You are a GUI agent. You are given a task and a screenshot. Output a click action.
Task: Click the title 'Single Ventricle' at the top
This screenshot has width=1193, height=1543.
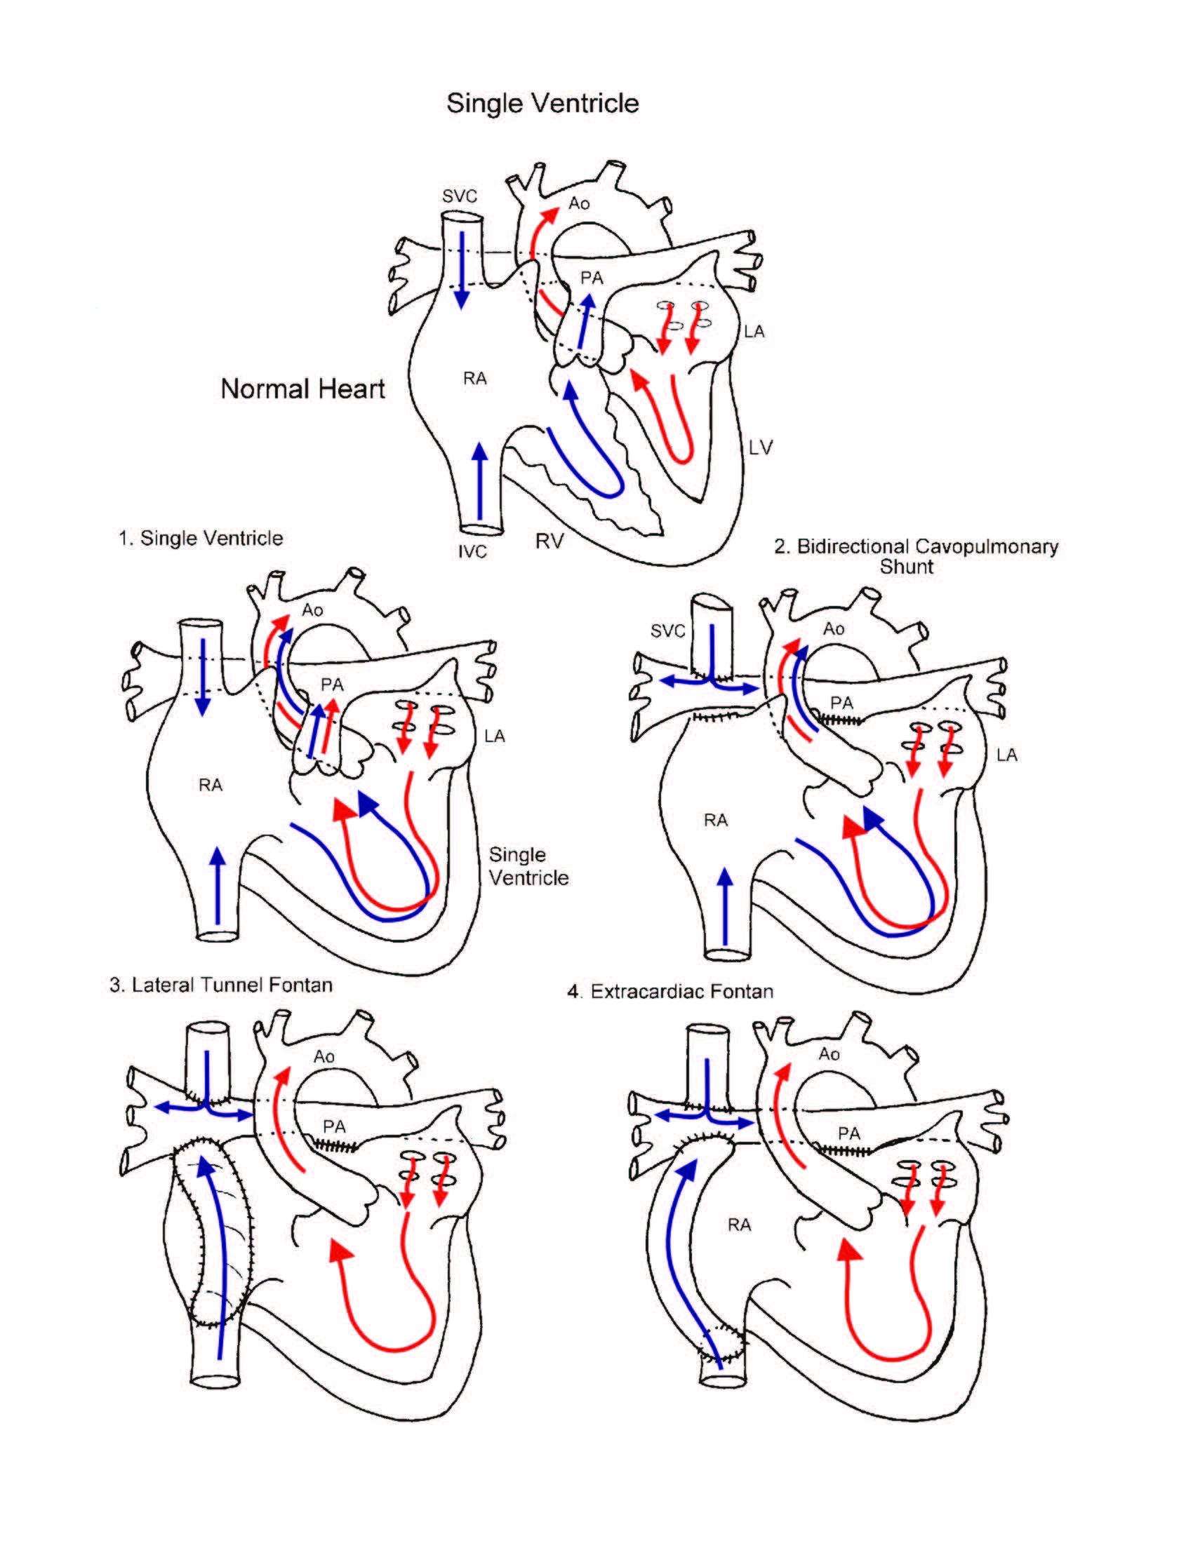pyautogui.click(x=542, y=103)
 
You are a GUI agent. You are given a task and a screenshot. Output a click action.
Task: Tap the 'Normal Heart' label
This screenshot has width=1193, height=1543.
pyautogui.click(x=302, y=389)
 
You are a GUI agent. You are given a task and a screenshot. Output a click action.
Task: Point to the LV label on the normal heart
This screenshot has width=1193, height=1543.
pyautogui.click(x=761, y=447)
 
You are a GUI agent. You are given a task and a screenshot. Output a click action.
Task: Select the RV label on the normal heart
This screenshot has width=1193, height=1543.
pyautogui.click(x=549, y=541)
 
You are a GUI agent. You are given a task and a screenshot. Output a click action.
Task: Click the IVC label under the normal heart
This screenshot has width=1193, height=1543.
pyautogui.click(x=472, y=551)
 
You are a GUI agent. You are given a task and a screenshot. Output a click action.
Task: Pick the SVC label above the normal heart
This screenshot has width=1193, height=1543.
pyautogui.click(x=460, y=196)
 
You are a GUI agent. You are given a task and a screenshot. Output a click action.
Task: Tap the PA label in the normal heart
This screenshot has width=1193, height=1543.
pyautogui.click(x=592, y=278)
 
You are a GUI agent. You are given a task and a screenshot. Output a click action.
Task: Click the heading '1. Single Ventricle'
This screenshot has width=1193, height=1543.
pyautogui.click(x=201, y=539)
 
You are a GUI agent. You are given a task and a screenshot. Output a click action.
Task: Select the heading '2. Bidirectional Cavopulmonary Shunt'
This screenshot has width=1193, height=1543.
pyautogui.click(x=916, y=556)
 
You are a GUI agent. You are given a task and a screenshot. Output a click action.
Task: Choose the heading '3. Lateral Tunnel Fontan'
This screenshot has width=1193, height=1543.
pyautogui.click(x=221, y=985)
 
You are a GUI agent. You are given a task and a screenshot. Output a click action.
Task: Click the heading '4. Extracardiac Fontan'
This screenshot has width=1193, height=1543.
pyautogui.click(x=670, y=992)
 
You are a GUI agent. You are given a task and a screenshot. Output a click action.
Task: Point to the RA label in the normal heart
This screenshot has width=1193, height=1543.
pyautogui.click(x=475, y=379)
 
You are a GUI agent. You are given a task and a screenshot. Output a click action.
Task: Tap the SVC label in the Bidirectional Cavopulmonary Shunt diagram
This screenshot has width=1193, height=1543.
pyautogui.click(x=668, y=631)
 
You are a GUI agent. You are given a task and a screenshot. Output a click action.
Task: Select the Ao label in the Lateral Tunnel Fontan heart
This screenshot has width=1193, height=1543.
pyautogui.click(x=324, y=1056)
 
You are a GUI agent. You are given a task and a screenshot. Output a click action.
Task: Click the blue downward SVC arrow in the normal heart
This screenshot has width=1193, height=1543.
pyautogui.click(x=462, y=270)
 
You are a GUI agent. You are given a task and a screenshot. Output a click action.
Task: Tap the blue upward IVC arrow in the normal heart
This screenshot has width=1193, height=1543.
pyautogui.click(x=480, y=480)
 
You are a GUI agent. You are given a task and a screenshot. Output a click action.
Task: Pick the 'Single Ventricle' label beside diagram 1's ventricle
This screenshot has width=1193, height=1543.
pyautogui.click(x=528, y=866)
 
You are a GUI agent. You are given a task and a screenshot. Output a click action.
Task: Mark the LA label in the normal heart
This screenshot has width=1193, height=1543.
pyautogui.click(x=754, y=331)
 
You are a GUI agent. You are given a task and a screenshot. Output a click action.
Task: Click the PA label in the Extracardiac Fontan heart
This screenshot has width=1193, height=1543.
pyautogui.click(x=849, y=1133)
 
